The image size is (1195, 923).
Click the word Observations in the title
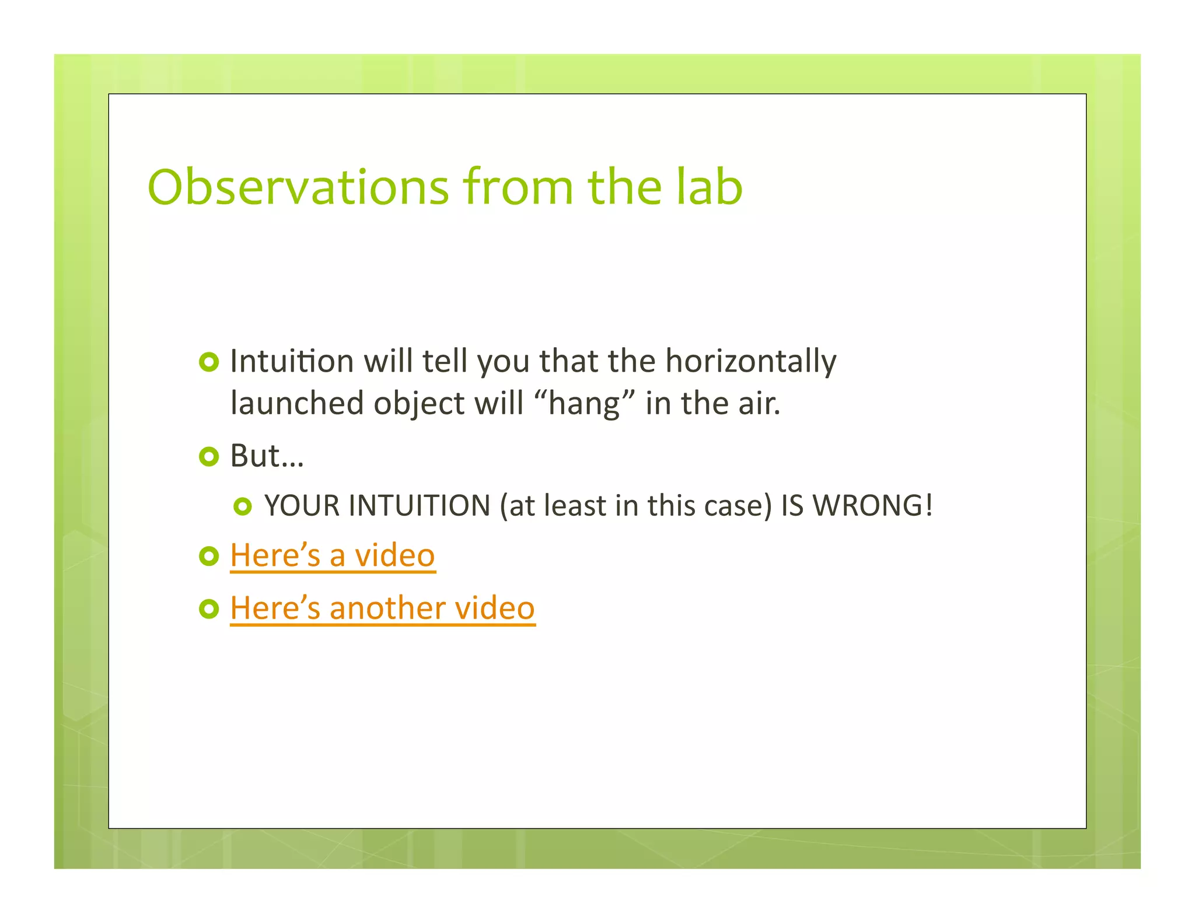298,187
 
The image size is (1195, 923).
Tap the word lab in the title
709,187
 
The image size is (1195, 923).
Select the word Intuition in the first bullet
292,361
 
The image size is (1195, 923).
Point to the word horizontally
750,362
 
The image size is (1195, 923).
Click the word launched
297,404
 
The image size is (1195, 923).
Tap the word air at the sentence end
759,404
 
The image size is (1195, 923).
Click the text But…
267,456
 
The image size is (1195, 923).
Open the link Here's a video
332,555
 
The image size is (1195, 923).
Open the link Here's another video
382,609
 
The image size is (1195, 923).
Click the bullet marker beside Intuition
208,362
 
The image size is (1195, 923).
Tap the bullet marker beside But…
208,457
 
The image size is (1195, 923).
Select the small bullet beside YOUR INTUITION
242,506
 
